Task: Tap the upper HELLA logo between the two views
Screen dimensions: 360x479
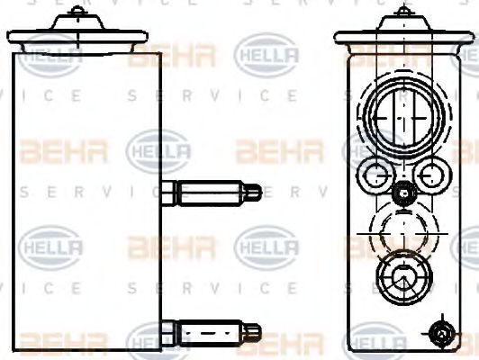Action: tap(265, 55)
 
